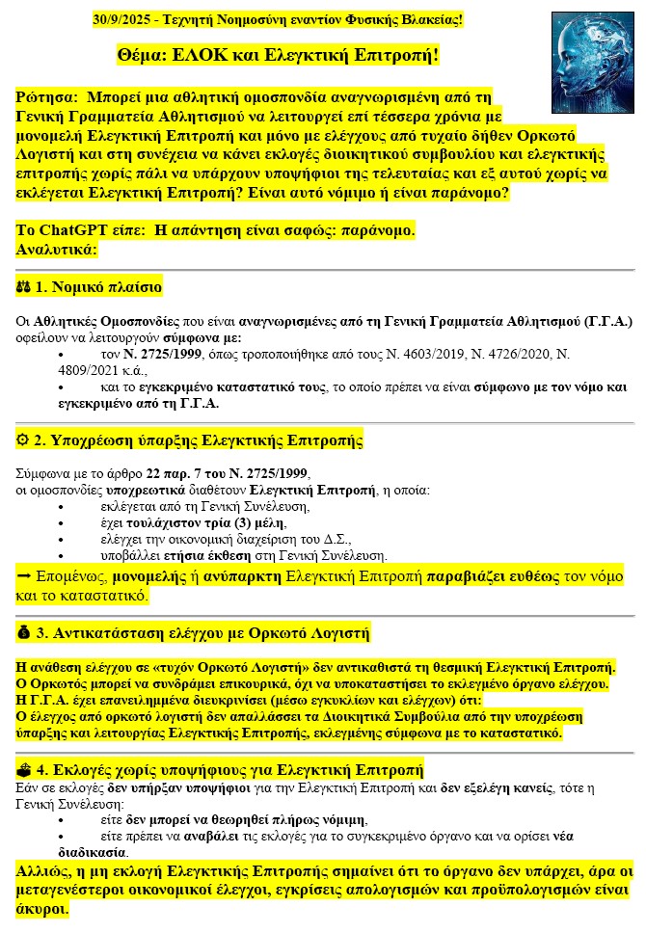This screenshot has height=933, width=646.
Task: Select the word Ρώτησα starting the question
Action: (x=46, y=97)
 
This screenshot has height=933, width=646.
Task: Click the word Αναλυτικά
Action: (x=57, y=249)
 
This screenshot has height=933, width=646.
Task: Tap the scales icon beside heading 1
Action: (x=24, y=287)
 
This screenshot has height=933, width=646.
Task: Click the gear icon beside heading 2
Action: (x=24, y=441)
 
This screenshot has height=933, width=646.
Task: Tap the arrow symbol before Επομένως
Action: (x=24, y=576)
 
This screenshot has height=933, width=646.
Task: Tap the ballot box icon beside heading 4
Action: (x=24, y=770)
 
